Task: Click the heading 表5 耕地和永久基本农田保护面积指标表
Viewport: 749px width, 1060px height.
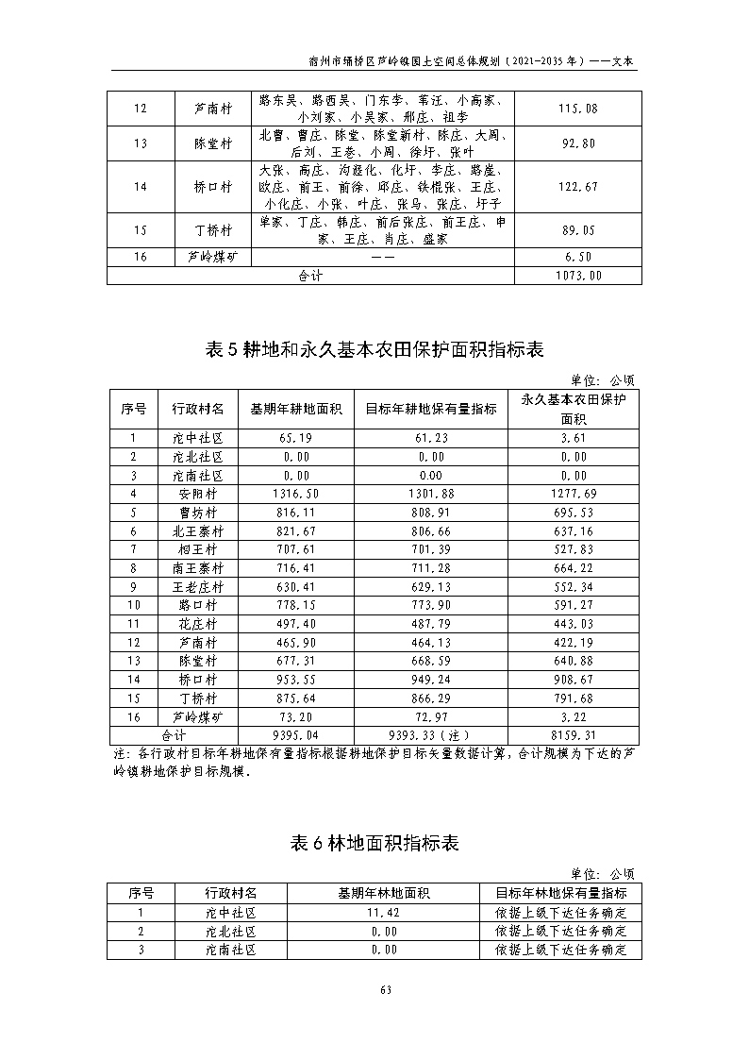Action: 374,349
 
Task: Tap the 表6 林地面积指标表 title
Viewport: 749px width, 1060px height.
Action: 374,843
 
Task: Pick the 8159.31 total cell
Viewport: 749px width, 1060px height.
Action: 574,734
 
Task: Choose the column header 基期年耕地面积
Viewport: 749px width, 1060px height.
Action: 295,410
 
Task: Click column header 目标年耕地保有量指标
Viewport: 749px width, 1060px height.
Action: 430,410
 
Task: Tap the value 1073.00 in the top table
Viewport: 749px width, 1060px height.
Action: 577,276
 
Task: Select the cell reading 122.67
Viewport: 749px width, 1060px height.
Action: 577,187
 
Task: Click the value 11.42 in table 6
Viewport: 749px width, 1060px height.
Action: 384,913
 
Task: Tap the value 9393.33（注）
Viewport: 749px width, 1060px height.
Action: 430,734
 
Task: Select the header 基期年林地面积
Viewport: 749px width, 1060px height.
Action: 384,893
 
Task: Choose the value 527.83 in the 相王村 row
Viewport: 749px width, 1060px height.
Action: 574,549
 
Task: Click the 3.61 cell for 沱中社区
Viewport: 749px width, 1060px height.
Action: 574,438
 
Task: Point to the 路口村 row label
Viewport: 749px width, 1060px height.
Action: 199,605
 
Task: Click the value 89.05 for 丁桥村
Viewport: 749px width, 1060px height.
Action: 577,230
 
